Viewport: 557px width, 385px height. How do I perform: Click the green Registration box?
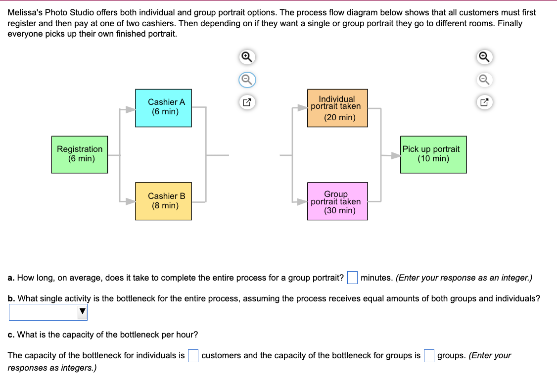(79, 154)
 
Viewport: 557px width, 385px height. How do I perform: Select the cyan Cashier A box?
(163, 108)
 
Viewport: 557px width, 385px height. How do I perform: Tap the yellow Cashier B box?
(163, 201)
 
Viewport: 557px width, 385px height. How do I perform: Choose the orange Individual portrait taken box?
(337, 108)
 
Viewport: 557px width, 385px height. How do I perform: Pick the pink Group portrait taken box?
(337, 201)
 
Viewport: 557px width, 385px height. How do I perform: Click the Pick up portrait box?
(433, 154)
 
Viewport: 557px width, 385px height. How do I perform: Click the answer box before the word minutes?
(352, 278)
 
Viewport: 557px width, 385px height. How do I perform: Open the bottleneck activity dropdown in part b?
(48, 312)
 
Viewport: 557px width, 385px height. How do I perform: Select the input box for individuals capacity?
(193, 356)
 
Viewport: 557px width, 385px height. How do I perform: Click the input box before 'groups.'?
(429, 356)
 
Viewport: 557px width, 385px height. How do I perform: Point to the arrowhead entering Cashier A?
(130, 109)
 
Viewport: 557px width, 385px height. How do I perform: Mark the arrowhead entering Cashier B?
(130, 201)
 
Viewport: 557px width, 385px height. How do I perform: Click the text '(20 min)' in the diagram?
(339, 118)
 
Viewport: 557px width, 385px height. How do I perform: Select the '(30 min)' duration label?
(339, 210)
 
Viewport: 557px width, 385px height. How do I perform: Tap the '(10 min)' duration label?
(433, 159)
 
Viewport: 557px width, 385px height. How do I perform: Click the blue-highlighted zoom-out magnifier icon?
(248, 79)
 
